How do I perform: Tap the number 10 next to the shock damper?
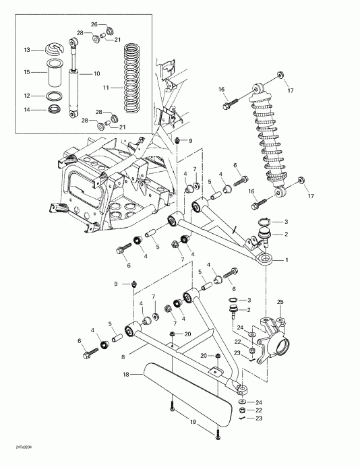[97, 73]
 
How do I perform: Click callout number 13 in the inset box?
[28, 50]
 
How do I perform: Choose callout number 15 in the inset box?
[28, 72]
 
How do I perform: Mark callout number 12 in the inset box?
[28, 95]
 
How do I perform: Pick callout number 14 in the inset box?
[28, 109]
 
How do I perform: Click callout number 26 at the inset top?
[94, 24]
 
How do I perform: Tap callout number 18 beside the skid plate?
[125, 373]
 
